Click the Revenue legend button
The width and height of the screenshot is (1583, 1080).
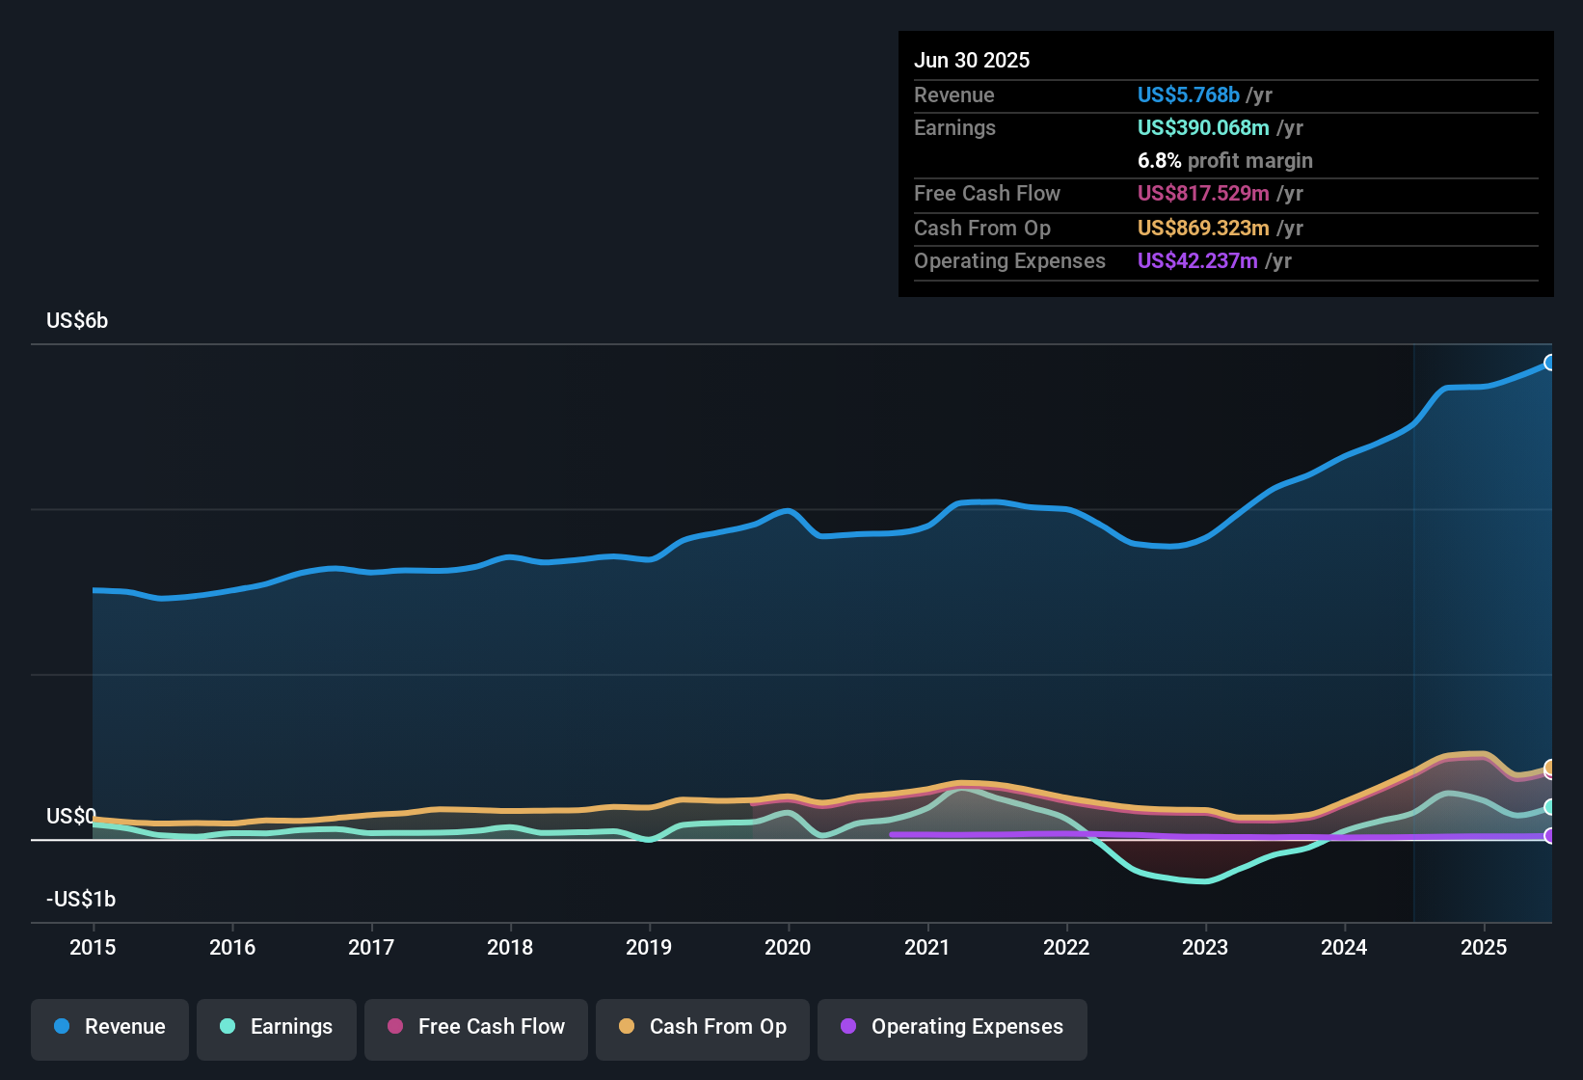pyautogui.click(x=110, y=1027)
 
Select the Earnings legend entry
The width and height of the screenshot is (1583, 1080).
pyautogui.click(x=277, y=1027)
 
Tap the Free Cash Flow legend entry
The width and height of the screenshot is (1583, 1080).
pyautogui.click(x=476, y=1027)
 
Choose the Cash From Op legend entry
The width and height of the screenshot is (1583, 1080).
pyautogui.click(x=703, y=1027)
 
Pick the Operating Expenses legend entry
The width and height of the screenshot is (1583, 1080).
pyautogui.click(x=952, y=1027)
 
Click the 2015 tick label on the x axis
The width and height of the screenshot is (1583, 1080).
pyautogui.click(x=93, y=947)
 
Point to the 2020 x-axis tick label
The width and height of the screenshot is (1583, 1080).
pyautogui.click(x=788, y=947)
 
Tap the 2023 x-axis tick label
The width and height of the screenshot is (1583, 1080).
pyautogui.click(x=1205, y=947)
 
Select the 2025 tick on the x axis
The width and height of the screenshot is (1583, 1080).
pyautogui.click(x=1483, y=947)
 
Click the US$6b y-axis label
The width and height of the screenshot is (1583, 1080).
pyautogui.click(x=77, y=321)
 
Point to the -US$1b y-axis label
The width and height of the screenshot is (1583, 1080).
pyautogui.click(x=81, y=900)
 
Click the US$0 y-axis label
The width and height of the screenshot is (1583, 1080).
pyautogui.click(x=70, y=817)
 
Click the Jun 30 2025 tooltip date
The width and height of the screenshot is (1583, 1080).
pyautogui.click(x=972, y=60)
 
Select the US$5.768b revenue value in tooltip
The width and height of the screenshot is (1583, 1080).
pyautogui.click(x=1188, y=94)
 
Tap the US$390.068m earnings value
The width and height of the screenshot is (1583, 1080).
pyautogui.click(x=1202, y=127)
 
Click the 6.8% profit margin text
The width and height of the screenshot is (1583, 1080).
pyautogui.click(x=1224, y=160)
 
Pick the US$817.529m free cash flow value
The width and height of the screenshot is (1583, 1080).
pyautogui.click(x=1202, y=193)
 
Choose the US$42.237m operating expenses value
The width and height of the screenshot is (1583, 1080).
pyautogui.click(x=1196, y=260)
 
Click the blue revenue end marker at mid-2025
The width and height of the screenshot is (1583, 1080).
pyautogui.click(x=1549, y=363)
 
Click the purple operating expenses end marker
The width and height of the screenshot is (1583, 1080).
pyautogui.click(x=1549, y=836)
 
